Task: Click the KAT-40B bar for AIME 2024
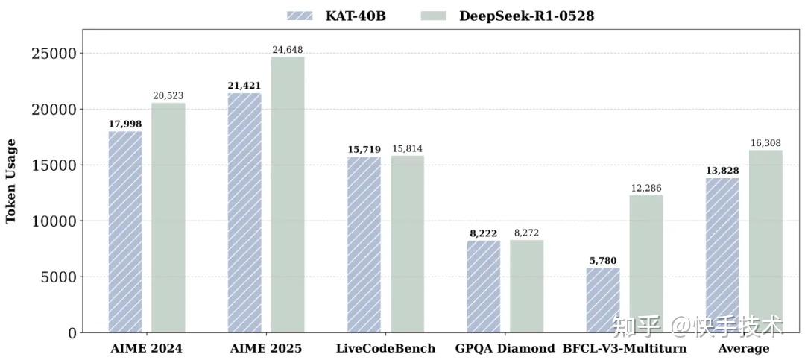tap(125, 232)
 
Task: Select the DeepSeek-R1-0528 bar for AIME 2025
tap(287, 195)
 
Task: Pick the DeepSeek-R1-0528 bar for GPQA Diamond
tap(526, 286)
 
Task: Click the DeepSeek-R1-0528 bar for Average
tap(765, 241)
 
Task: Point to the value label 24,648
tap(287, 50)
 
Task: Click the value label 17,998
tap(124, 124)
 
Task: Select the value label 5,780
tap(602, 261)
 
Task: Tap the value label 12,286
tap(645, 188)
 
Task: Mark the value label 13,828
tap(722, 171)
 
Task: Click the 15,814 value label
tap(407, 148)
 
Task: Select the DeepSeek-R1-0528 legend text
tap(527, 16)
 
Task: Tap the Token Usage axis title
tap(11, 180)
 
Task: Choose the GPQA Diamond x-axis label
tap(505, 348)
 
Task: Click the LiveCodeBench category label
tap(385, 348)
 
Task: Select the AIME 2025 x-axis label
tap(266, 348)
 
